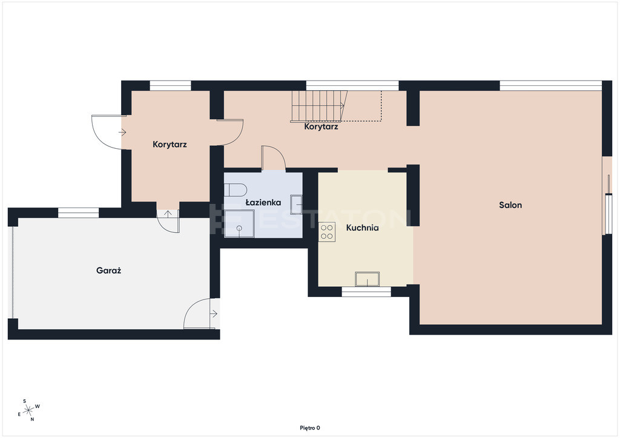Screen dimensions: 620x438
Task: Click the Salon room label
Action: tap(510, 205)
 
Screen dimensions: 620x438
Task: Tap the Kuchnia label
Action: tap(362, 228)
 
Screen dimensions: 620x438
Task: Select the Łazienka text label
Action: tap(263, 203)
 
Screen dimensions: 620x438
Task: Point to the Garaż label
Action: tap(109, 270)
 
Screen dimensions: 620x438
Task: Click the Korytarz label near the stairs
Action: tap(321, 127)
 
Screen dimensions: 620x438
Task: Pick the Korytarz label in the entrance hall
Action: tap(170, 145)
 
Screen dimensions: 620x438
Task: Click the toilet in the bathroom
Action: tap(236, 189)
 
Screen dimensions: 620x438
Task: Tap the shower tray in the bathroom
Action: tap(239, 224)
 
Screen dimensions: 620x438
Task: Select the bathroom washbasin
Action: tap(296, 204)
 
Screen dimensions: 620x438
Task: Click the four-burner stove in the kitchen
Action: tap(326, 232)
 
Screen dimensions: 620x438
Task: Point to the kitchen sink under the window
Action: tap(367, 279)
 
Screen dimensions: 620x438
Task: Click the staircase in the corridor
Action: tap(319, 105)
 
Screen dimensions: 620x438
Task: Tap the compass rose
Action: tap(28, 410)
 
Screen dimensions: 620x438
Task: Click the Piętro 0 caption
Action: tap(310, 428)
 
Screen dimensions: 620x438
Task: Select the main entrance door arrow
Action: tap(122, 132)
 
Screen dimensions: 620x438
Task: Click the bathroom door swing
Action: tap(273, 158)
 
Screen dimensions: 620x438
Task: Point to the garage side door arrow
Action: tap(214, 314)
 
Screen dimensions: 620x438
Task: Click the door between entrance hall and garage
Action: tap(168, 221)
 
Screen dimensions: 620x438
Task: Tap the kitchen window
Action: tap(366, 292)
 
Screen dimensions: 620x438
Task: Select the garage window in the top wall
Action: tap(78, 212)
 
